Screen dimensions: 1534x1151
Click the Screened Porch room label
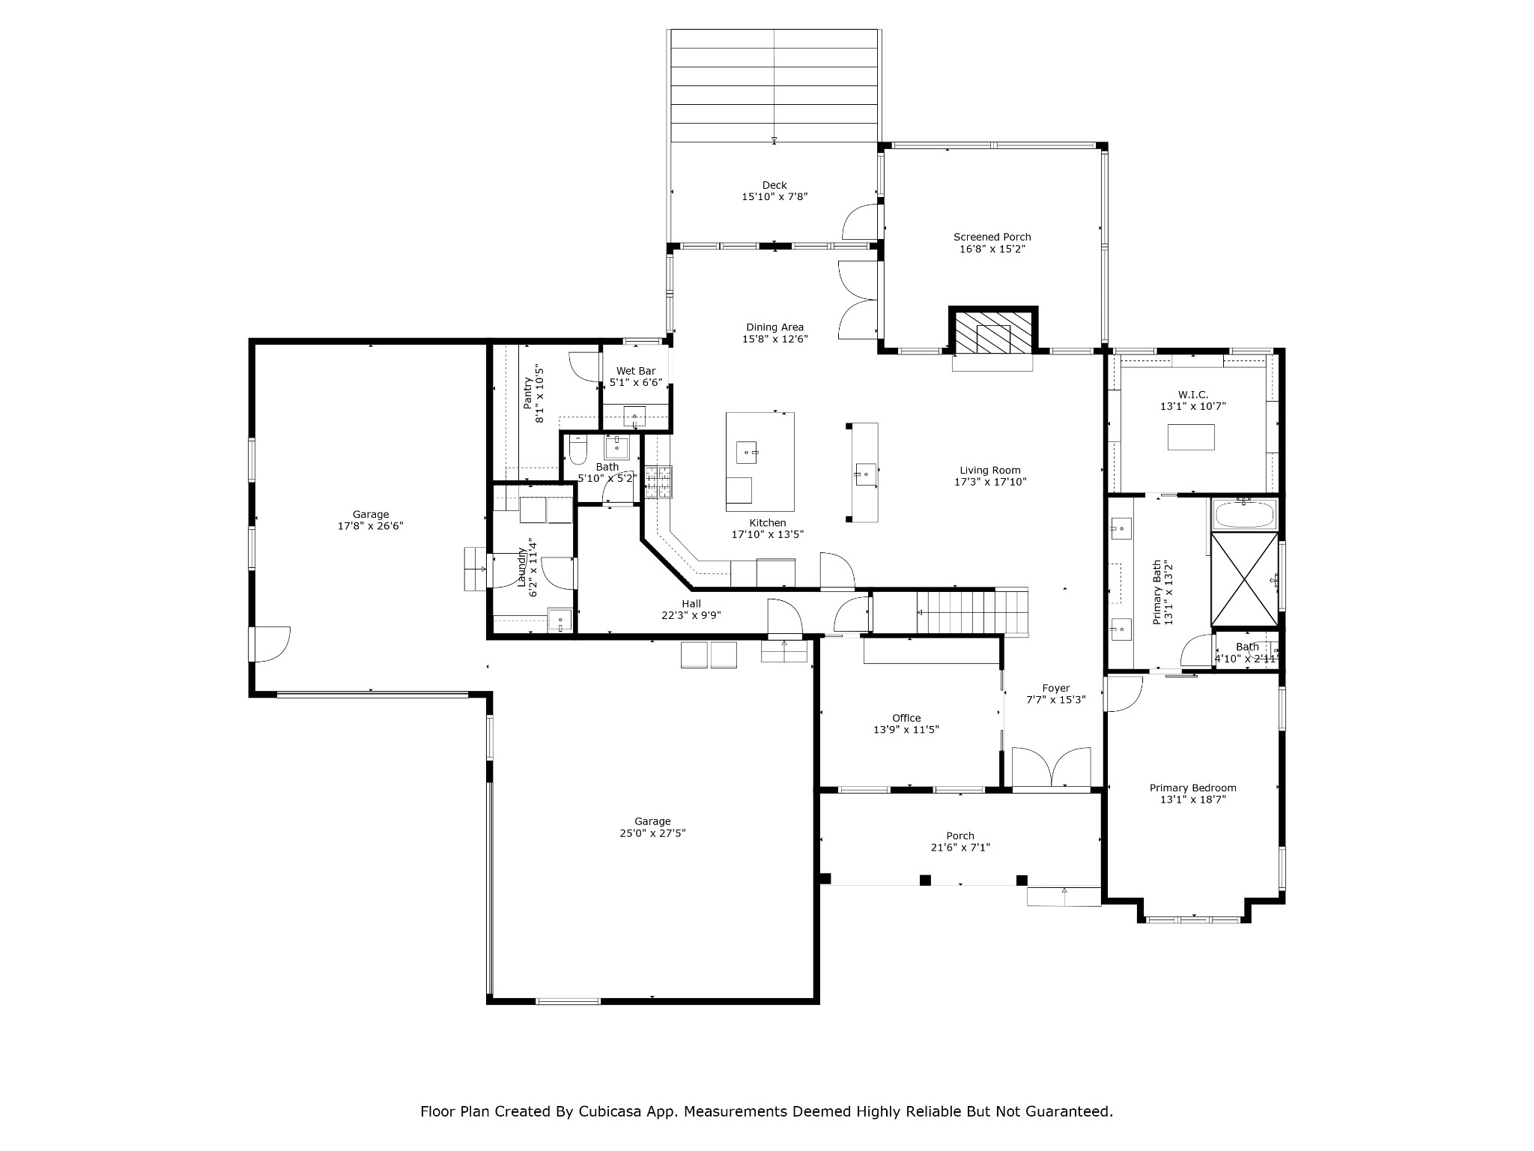coord(992,237)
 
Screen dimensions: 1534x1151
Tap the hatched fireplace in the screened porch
coord(993,330)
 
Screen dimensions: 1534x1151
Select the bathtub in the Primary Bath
coord(1243,515)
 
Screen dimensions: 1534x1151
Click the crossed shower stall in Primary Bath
coord(1244,578)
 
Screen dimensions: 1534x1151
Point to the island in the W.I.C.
coord(1191,437)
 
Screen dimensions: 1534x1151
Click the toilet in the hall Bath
coord(577,450)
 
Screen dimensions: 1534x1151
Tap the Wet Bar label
coord(636,371)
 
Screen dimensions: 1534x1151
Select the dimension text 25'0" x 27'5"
coord(652,833)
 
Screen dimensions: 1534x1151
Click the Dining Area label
coord(774,327)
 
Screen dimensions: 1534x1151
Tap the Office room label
coord(906,718)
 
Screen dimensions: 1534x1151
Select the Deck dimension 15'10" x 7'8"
coord(774,197)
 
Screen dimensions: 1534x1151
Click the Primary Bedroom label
coord(1193,788)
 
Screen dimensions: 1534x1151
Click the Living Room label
coord(990,470)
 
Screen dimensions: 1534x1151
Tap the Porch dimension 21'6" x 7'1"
coord(960,848)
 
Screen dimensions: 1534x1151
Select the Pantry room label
coord(527,393)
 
